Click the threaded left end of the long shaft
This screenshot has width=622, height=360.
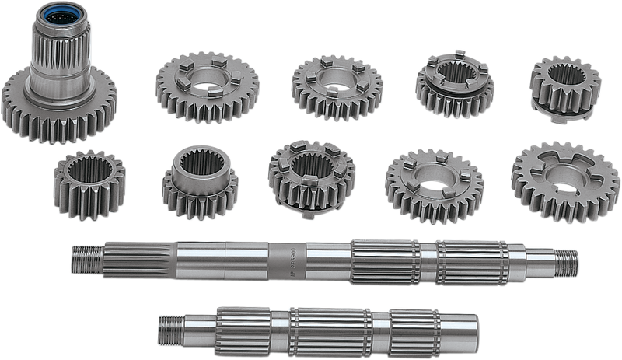pyautogui.click(x=82, y=257)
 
